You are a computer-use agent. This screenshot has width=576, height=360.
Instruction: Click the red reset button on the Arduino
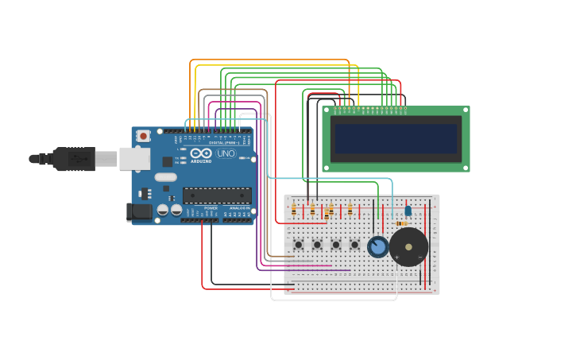143,136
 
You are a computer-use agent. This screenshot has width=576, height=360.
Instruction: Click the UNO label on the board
226,153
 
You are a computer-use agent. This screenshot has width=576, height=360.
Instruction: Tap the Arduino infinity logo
201,153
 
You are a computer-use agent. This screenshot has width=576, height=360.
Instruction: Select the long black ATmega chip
217,195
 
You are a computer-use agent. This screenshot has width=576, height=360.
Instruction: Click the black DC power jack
139,211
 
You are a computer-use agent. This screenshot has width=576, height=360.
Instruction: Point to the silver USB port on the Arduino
134,159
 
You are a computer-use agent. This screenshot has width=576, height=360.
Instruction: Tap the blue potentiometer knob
378,247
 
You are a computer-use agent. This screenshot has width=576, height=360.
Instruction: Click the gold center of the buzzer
408,247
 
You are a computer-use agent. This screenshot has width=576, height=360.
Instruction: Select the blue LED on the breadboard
408,211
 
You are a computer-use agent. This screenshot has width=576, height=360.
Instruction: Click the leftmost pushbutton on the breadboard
298,244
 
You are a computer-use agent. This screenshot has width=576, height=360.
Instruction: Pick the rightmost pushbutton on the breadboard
354,244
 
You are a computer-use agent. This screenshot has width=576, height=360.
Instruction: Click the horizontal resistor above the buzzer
401,223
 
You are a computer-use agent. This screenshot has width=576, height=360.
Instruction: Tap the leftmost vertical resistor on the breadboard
294,209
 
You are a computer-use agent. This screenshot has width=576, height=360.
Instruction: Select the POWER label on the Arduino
211,208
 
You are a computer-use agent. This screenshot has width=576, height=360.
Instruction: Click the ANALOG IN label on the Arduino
238,208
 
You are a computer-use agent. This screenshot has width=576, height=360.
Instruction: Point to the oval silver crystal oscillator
165,177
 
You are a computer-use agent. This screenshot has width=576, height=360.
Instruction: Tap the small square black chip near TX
168,161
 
